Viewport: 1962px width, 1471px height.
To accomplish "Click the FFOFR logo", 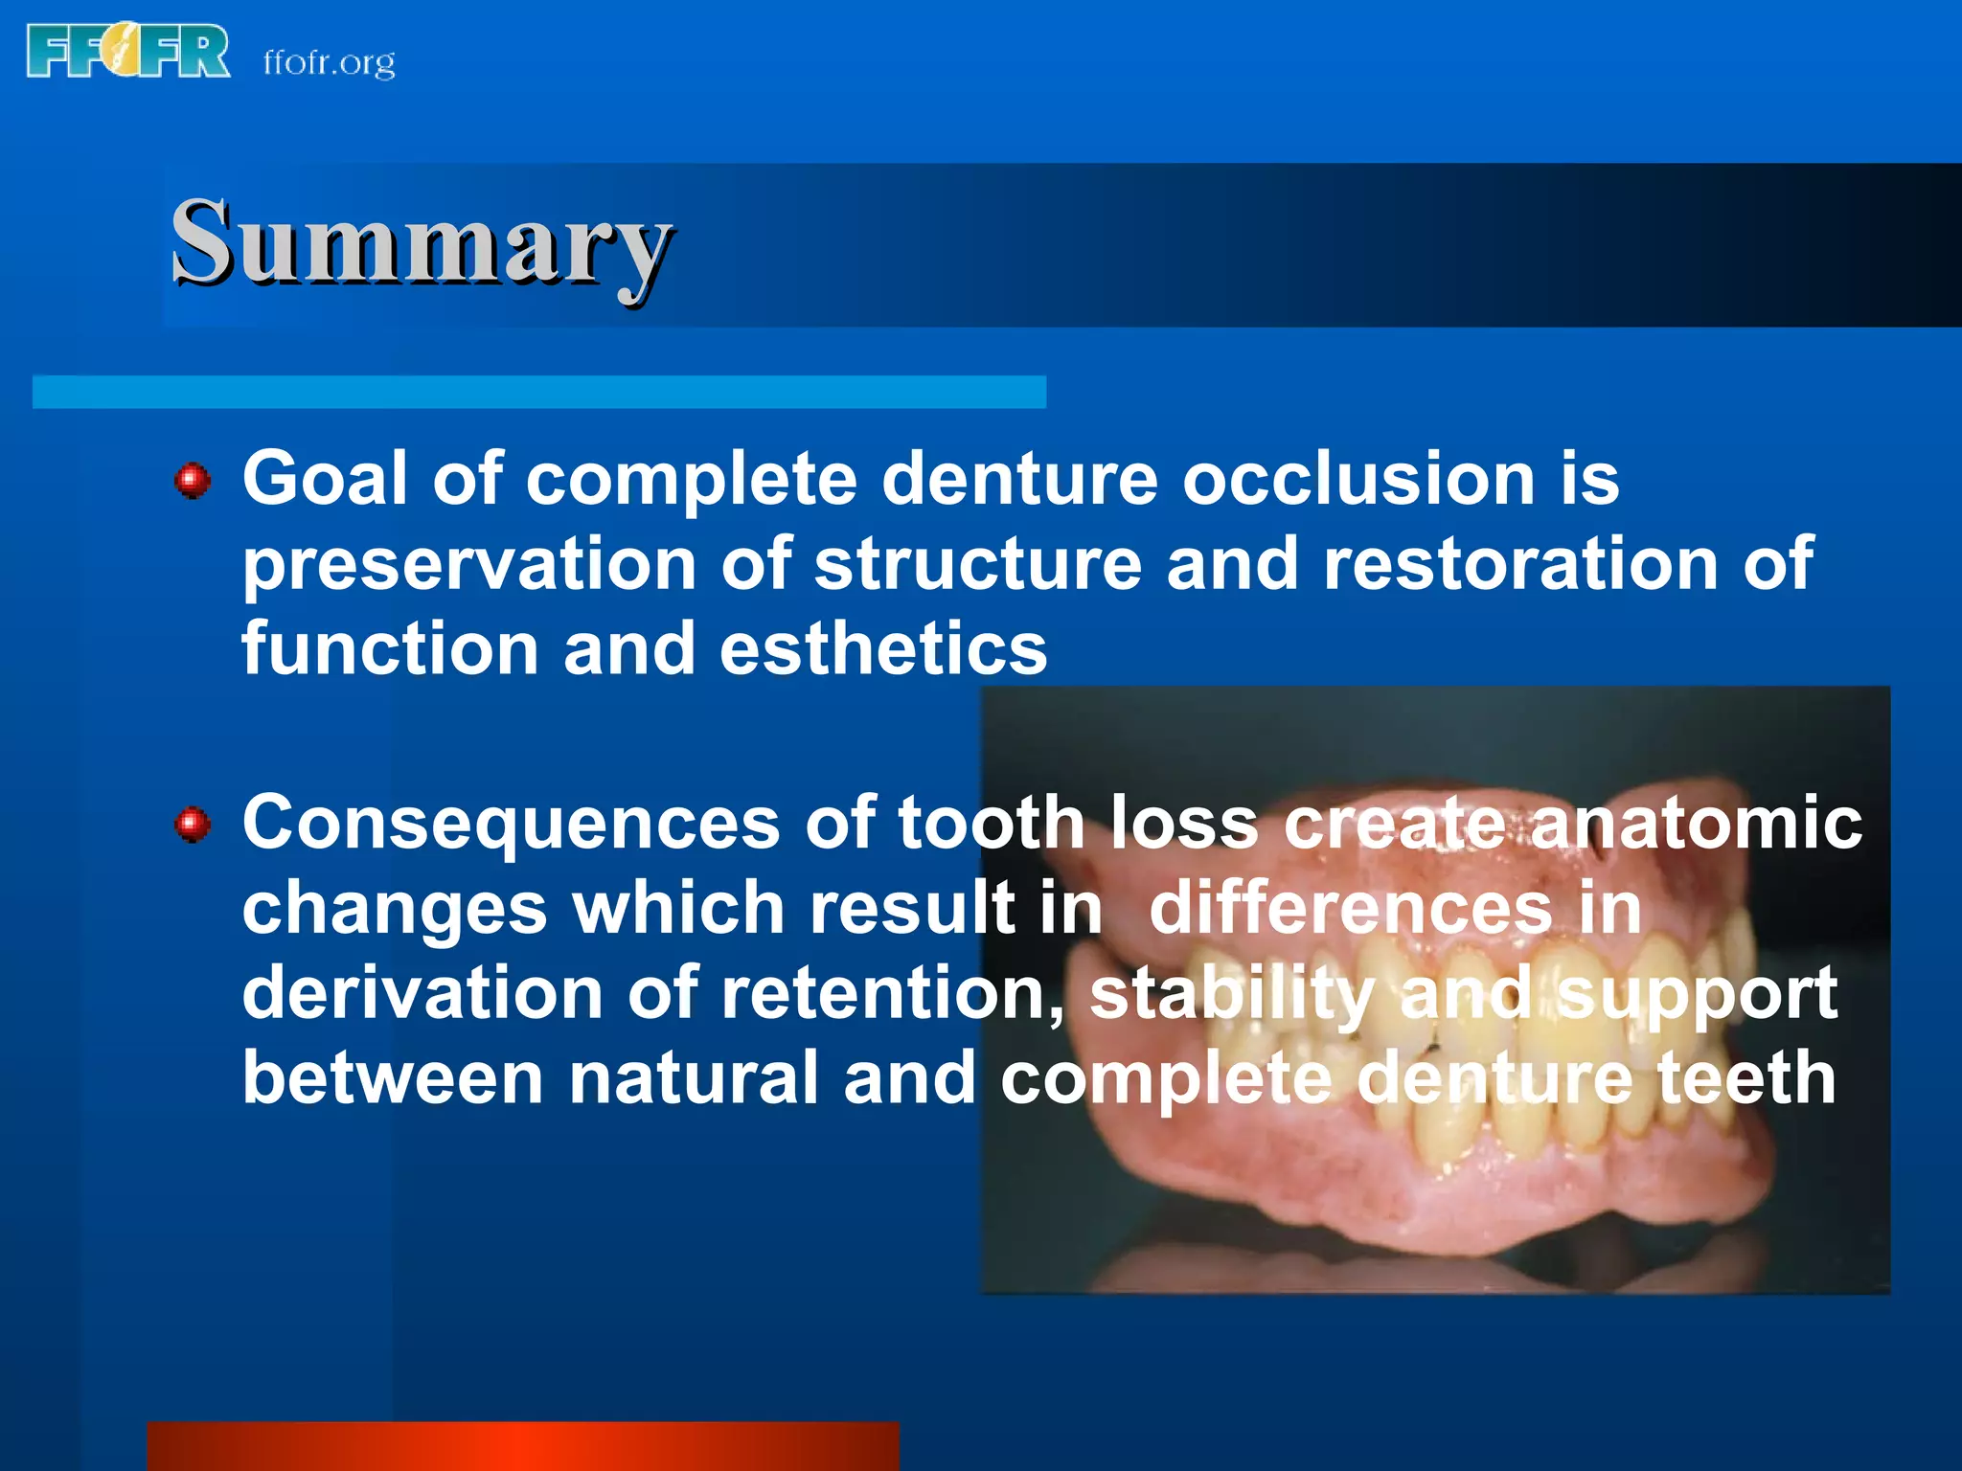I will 128,51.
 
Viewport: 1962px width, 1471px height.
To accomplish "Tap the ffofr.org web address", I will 329,63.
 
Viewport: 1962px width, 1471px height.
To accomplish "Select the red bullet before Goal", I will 193,480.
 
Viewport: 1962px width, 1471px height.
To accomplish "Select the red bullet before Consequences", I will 193,824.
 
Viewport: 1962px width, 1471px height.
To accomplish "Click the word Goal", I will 325,478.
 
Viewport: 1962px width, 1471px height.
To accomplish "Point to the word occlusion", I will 1358,478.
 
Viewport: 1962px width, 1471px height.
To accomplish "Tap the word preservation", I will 468,565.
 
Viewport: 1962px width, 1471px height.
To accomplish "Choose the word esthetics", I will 883,648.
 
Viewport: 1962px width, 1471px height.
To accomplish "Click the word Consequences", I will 511,823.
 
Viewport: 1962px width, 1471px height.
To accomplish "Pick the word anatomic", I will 1696,823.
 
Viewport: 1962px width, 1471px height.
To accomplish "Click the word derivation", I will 422,992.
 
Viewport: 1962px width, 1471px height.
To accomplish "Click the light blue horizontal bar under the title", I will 538,392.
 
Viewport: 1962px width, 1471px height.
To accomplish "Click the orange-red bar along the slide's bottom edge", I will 522,1446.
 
